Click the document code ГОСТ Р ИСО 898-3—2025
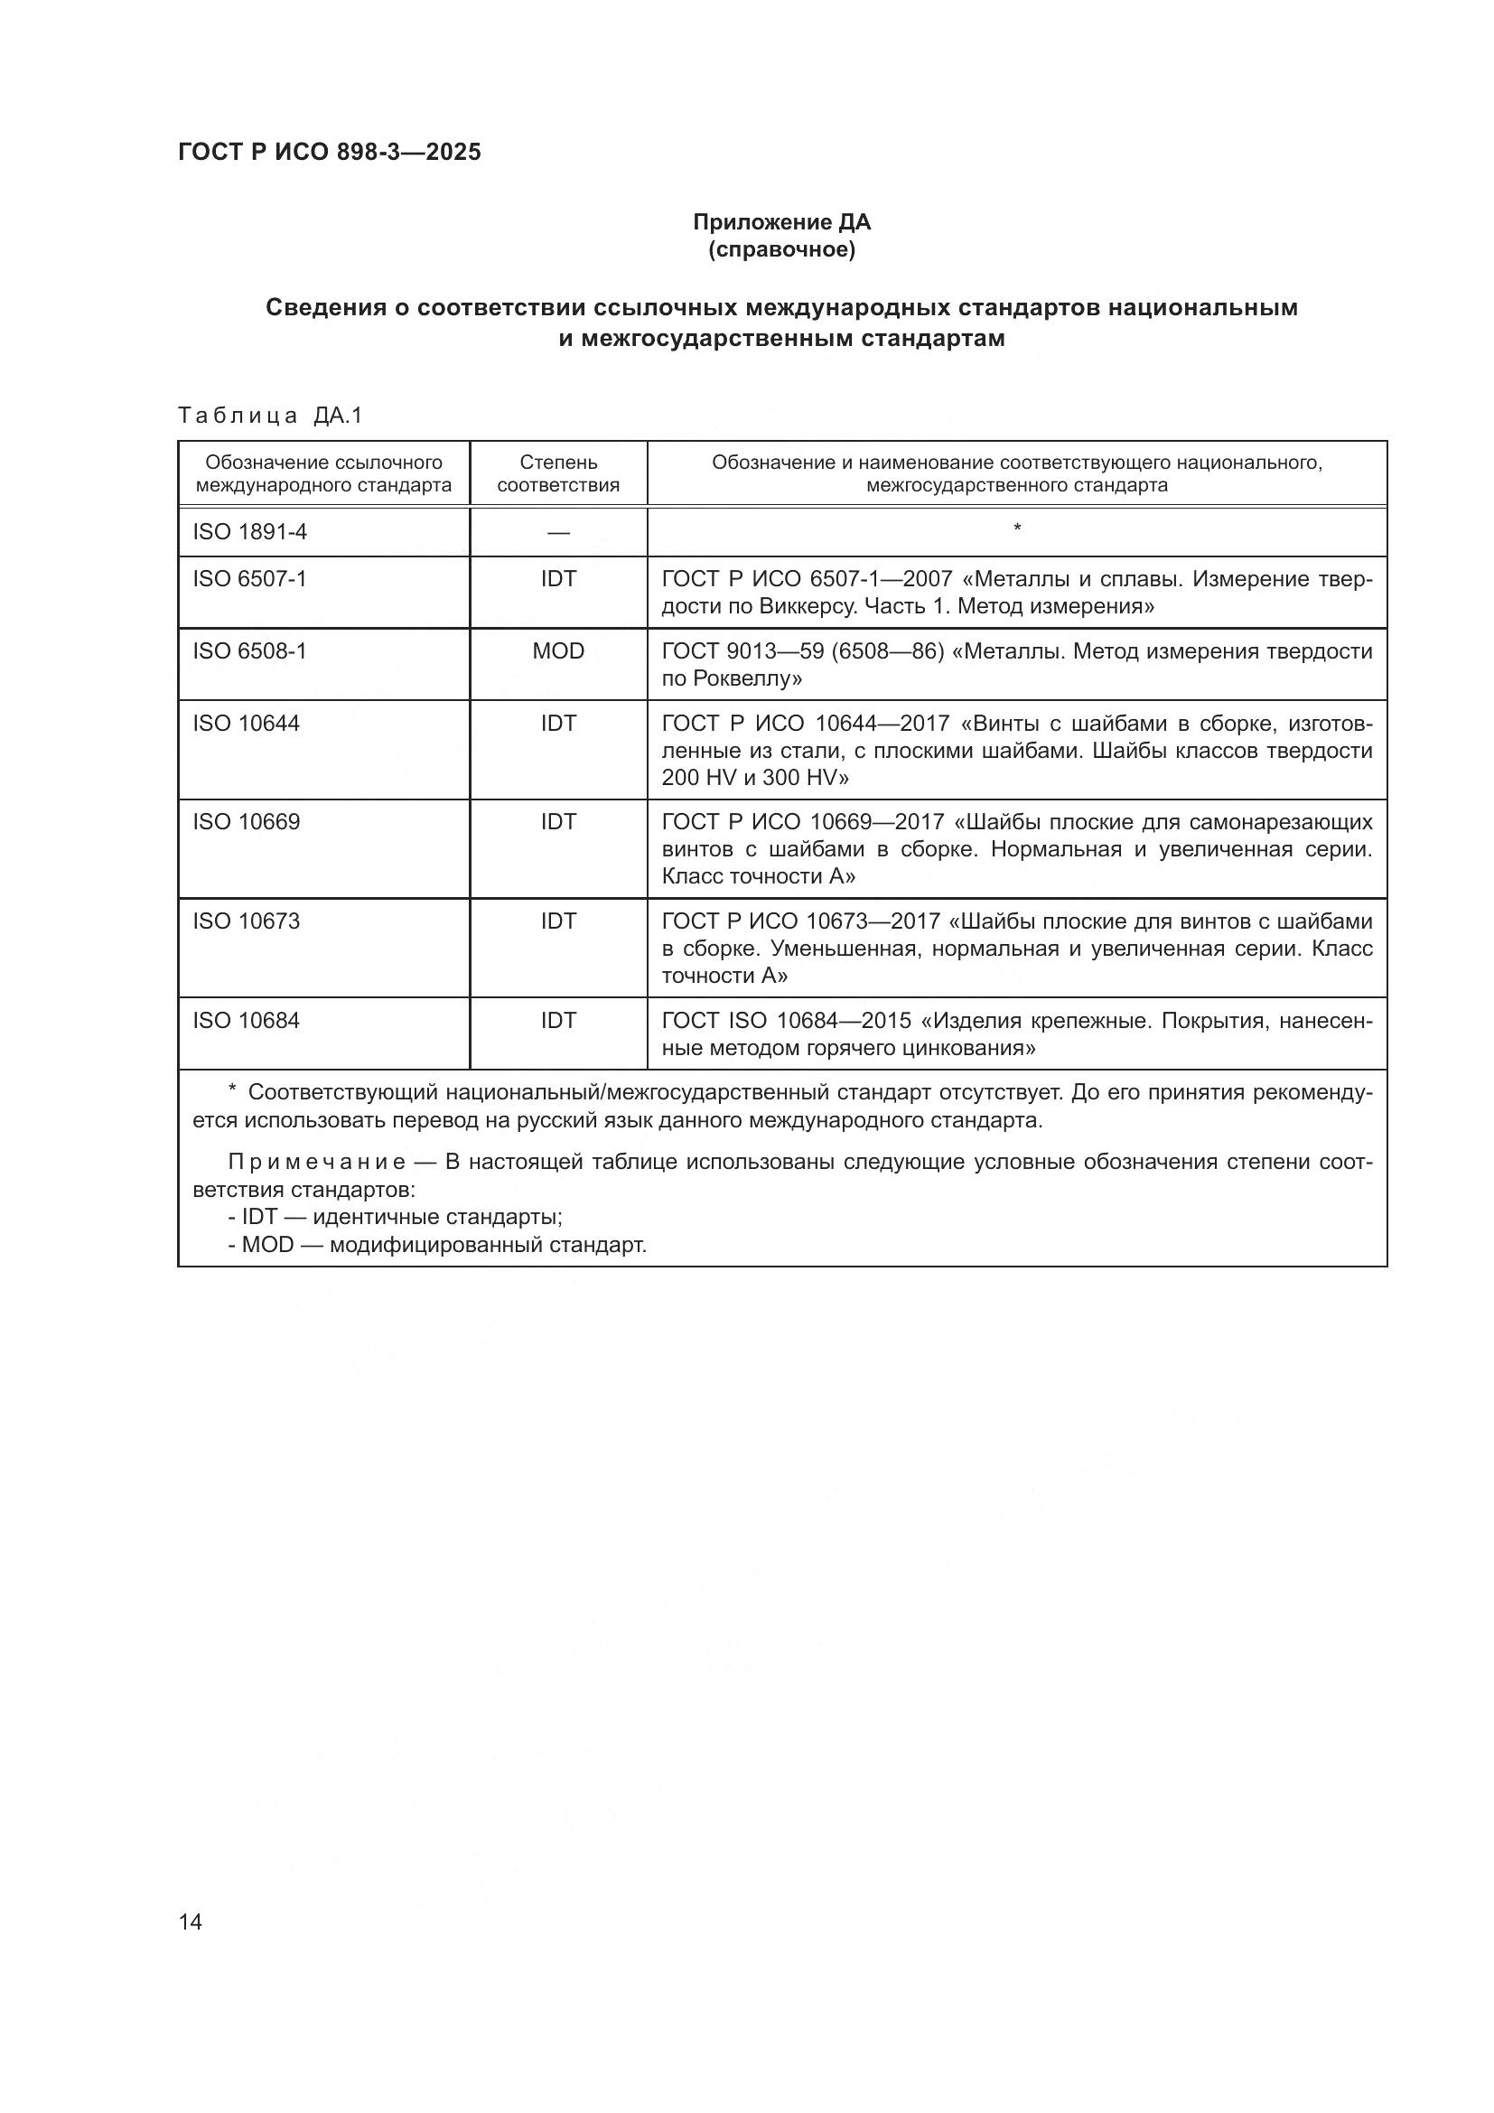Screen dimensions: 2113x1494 click(x=330, y=153)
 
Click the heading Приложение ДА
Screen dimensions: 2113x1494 click(x=781, y=222)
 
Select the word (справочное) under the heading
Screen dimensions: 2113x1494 click(x=781, y=249)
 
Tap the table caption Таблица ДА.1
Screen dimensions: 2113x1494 click(x=270, y=416)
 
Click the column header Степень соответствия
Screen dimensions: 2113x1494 click(x=557, y=473)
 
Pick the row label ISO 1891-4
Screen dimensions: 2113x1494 click(x=248, y=532)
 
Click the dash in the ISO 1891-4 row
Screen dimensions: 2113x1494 click(x=557, y=533)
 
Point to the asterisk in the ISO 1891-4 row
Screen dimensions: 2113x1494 click(x=1016, y=528)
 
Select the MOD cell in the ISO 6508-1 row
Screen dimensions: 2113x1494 click(x=557, y=651)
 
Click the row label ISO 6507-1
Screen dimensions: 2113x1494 click(x=248, y=579)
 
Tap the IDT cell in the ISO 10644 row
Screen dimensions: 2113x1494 click(x=557, y=724)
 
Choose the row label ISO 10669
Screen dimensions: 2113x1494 click(x=246, y=822)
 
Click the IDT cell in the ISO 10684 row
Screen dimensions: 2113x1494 click(x=557, y=1021)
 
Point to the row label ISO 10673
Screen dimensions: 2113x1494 click(x=246, y=921)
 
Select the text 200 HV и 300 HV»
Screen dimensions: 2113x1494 click(x=754, y=778)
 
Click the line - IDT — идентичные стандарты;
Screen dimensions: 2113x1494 click(x=396, y=1217)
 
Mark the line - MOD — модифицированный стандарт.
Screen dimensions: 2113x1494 click(x=438, y=1245)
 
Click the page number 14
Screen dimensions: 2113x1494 click(x=191, y=1921)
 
